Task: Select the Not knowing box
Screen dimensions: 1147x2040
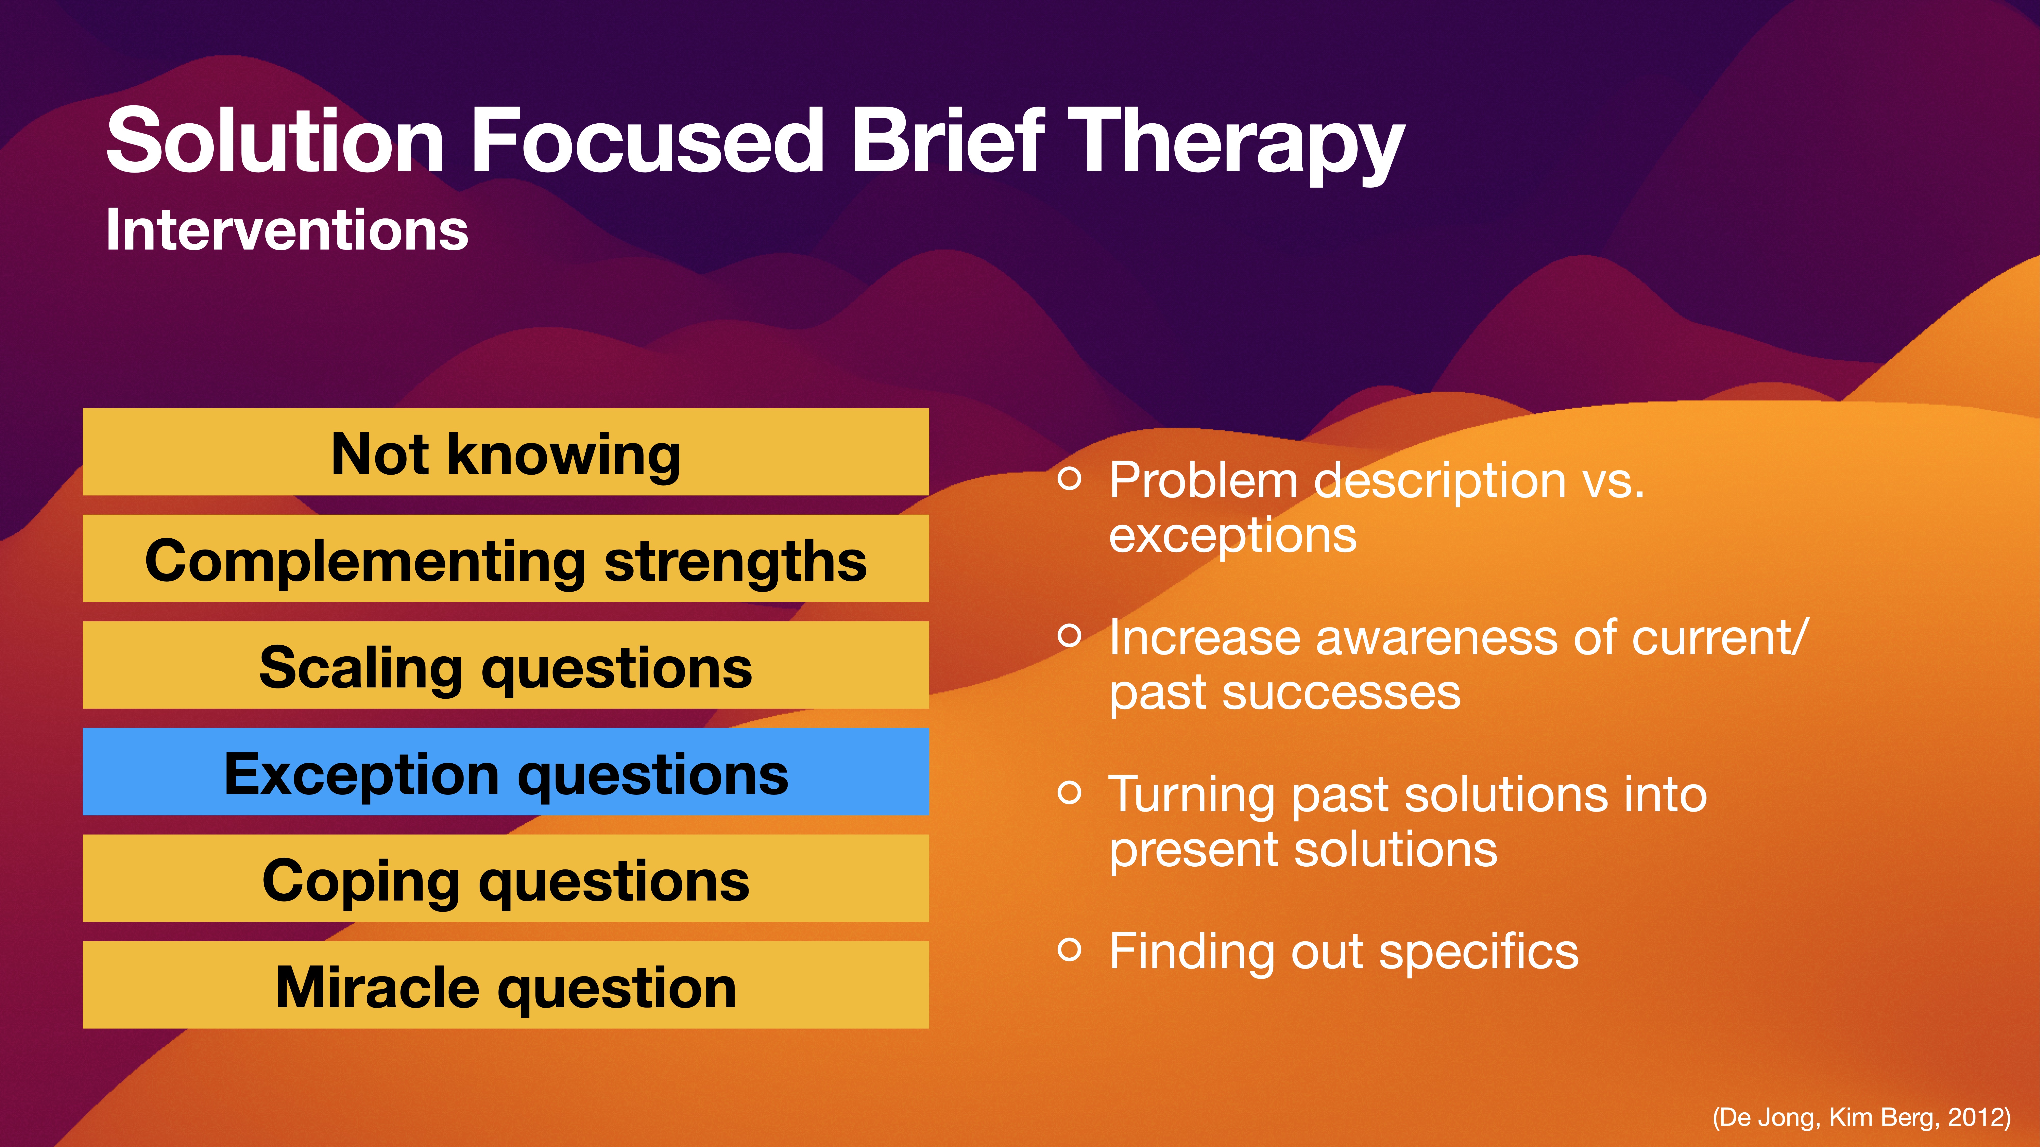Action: pos(505,453)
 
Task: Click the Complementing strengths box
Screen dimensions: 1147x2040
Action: pos(505,559)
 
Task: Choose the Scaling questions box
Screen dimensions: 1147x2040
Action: pos(505,666)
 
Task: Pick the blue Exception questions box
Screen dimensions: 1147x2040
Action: pos(505,772)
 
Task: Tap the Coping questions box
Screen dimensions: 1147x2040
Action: pos(505,879)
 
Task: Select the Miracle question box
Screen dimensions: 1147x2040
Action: pos(505,985)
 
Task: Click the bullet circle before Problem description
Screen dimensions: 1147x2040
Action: pos(1069,478)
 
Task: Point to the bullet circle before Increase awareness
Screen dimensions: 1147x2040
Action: pos(1069,635)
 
